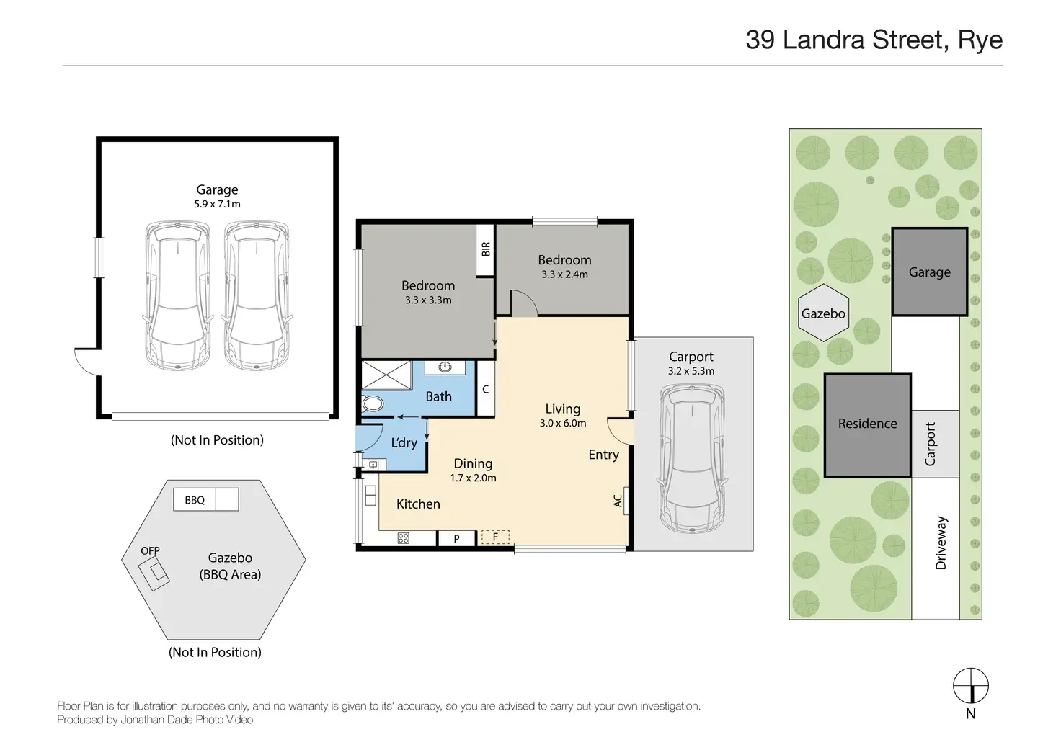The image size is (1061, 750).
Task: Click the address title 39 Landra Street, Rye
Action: point(874,40)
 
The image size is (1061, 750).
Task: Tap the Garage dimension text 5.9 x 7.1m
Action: point(217,204)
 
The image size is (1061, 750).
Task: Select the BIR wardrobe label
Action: point(486,249)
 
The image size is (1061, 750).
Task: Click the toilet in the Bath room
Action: point(373,404)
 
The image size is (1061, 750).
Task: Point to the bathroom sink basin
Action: point(445,367)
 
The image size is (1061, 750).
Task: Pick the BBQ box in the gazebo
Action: point(195,499)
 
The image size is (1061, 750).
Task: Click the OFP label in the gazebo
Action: point(150,550)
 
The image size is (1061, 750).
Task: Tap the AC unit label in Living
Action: point(618,501)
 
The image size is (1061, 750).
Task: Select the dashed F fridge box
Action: point(495,537)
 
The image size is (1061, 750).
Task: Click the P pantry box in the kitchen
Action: point(456,538)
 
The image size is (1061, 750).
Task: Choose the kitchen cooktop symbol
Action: point(403,538)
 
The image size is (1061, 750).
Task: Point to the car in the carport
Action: point(691,458)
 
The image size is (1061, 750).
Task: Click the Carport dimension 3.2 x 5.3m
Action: point(691,371)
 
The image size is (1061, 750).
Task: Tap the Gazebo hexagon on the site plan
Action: point(823,313)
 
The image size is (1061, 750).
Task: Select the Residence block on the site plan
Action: point(867,425)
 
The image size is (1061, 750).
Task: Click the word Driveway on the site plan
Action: point(941,543)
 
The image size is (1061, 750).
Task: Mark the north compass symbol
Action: point(970,686)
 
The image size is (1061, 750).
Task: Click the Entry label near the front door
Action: point(603,455)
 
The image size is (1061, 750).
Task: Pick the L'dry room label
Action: point(404,442)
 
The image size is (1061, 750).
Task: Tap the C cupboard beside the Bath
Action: point(486,389)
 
